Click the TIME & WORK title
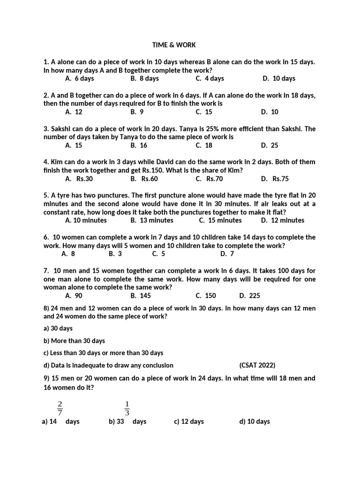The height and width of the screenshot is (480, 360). (x=174, y=45)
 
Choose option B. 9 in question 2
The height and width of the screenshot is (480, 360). (x=137, y=112)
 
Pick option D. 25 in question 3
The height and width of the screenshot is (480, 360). (x=270, y=145)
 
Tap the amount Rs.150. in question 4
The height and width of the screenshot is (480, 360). (x=142, y=170)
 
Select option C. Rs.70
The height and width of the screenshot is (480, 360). (x=209, y=179)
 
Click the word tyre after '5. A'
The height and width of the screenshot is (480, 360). (x=66, y=195)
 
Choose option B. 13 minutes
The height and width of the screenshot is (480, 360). (x=152, y=220)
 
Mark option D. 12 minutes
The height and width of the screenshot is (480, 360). (x=283, y=220)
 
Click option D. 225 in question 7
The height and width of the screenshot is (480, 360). (x=249, y=295)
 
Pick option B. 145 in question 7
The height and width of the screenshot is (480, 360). (x=141, y=295)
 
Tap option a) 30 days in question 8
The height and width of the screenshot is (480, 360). (x=58, y=329)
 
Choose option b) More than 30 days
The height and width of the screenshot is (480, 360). (x=74, y=341)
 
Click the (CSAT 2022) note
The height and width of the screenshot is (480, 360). (x=257, y=365)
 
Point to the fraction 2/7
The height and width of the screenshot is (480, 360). (x=60, y=408)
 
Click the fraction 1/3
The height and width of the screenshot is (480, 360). (x=127, y=408)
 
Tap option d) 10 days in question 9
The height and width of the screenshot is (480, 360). (x=255, y=421)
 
